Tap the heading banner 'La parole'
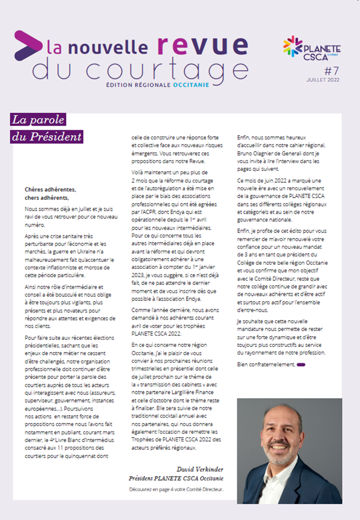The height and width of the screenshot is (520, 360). (x=38, y=120)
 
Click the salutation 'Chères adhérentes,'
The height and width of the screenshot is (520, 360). (x=51, y=190)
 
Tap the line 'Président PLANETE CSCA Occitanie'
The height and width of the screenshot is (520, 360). (x=176, y=478)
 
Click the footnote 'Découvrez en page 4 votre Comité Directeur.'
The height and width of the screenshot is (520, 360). (x=176, y=490)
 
